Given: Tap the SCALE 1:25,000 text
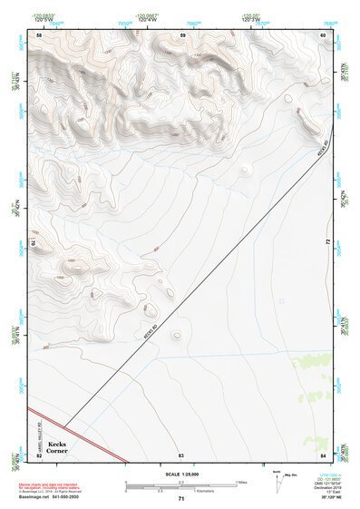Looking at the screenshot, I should pos(180,474).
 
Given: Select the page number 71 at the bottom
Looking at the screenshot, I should pos(181,499).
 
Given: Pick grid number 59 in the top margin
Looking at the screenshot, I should pos(182,34).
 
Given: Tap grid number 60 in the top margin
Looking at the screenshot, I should pos(323,34).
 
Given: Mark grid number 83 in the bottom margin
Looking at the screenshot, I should pos(181,454).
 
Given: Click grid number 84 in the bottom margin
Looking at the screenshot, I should pos(323,454).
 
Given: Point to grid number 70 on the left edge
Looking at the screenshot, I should pos(37,243).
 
